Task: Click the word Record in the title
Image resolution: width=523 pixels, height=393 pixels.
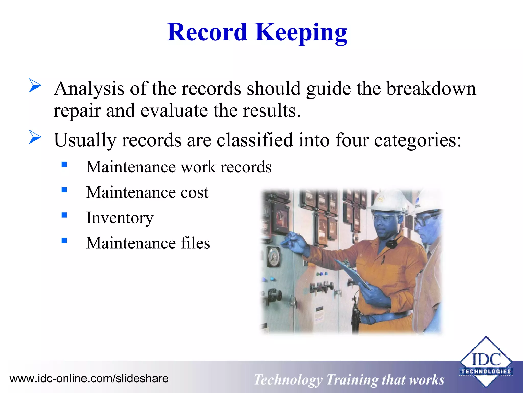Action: [x=207, y=33]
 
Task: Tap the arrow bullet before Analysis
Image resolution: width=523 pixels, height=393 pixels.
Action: [x=35, y=85]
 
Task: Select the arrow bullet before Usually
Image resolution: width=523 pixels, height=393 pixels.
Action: [x=35, y=137]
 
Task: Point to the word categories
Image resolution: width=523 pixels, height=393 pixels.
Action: [x=417, y=140]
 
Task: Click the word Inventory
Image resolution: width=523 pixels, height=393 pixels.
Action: [x=120, y=218]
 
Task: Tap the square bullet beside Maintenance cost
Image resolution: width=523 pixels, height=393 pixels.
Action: [x=64, y=190]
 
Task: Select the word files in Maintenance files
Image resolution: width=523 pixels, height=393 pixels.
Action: [x=195, y=243]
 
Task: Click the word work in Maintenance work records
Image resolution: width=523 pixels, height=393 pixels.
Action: [x=198, y=167]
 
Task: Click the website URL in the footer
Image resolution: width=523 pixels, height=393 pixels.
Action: [x=89, y=378]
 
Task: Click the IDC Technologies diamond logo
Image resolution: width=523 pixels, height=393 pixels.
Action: [x=486, y=361]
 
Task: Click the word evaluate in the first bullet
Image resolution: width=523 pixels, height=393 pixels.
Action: [x=174, y=111]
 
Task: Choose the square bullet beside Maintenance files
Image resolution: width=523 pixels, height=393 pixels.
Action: [x=64, y=241]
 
